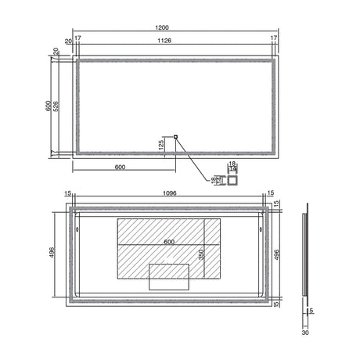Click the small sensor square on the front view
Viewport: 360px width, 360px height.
tap(175, 138)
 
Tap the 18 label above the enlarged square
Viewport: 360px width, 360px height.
tap(232, 163)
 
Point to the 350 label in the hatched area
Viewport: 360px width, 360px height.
tap(200, 255)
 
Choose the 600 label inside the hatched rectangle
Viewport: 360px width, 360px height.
tap(169, 242)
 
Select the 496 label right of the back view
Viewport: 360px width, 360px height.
tap(276, 254)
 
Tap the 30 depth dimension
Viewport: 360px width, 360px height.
tap(306, 332)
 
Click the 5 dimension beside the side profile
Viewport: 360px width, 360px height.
tap(311, 311)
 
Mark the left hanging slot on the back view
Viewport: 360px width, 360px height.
tap(84, 230)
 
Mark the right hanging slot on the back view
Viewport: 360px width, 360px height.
tap(258, 230)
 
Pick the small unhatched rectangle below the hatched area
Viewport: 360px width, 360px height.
tap(170, 275)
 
